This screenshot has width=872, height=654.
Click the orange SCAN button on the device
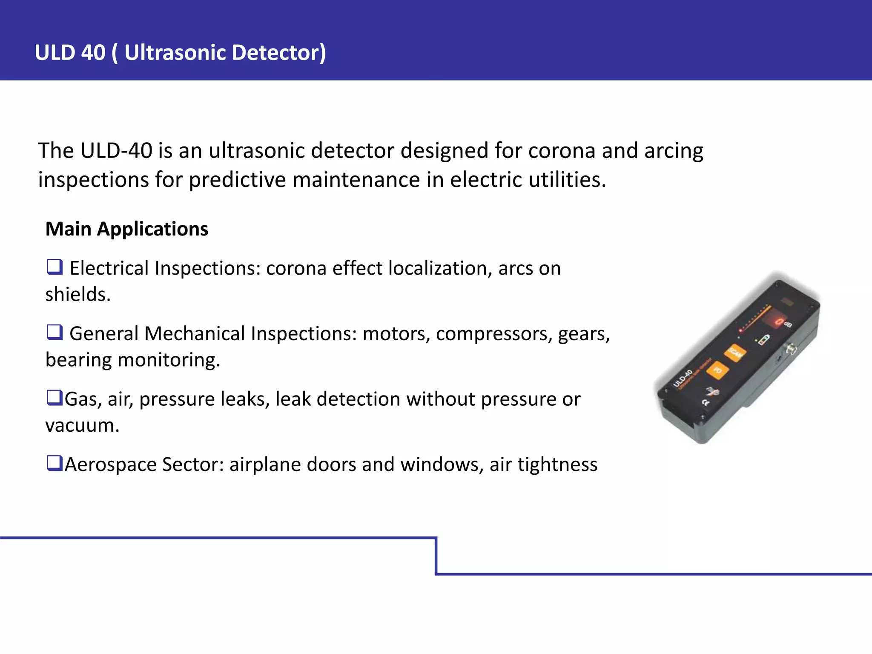tap(735, 353)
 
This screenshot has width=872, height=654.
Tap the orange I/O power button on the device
tap(717, 370)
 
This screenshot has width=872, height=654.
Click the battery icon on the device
tap(764, 340)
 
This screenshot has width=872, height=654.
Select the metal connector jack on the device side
tap(792, 350)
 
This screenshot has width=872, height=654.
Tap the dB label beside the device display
tap(788, 324)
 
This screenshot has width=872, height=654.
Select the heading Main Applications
tap(127, 229)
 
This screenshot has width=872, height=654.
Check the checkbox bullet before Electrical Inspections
tap(55, 267)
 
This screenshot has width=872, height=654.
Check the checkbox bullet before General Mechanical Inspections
tap(55, 332)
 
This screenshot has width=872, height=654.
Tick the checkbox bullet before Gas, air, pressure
tap(54, 398)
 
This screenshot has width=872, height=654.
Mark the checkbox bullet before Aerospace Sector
tap(54, 463)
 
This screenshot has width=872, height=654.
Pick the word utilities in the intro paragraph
tap(567, 180)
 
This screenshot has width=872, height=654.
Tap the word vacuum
tap(82, 425)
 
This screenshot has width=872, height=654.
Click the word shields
tap(78, 295)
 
